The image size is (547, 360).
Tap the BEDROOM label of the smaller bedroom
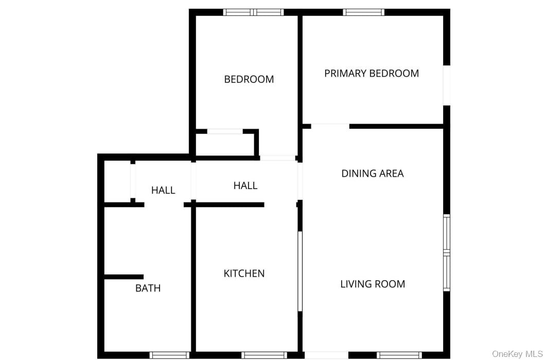tap(249, 79)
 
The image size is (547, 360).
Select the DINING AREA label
tap(373, 174)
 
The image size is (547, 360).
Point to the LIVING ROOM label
tap(373, 284)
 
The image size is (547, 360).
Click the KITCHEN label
tap(244, 273)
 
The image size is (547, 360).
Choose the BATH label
tap(148, 288)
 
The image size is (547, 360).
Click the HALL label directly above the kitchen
tap(245, 185)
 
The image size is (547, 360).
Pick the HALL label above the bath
tap(163, 190)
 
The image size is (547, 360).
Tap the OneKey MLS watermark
tap(517, 354)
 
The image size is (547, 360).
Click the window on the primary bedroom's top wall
tap(364, 12)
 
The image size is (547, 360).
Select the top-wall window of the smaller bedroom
tap(253, 12)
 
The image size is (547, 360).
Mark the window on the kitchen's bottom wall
tap(264, 355)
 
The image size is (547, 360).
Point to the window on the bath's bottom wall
tap(169, 355)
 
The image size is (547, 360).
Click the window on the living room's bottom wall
tap(399, 355)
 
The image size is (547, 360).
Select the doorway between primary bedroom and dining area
tap(330, 126)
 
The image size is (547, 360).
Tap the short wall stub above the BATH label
tap(123, 277)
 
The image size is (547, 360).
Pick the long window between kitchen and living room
tap(300, 271)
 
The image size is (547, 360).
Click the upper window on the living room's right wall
tap(447, 233)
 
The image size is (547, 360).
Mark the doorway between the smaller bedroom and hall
tap(277, 158)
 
